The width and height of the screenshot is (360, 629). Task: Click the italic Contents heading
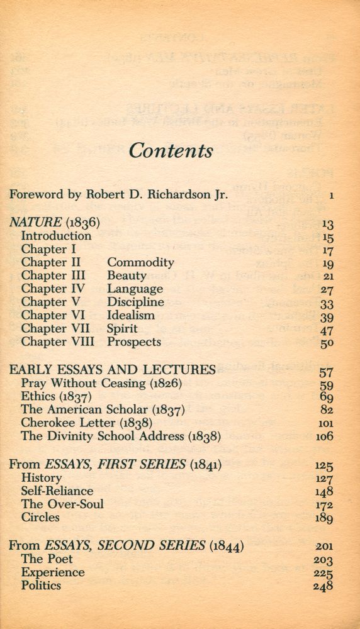[x=171, y=151]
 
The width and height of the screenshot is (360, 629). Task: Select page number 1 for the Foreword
[x=330, y=196]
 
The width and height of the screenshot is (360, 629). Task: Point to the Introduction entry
[x=56, y=236]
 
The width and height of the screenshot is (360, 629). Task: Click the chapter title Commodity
[x=140, y=262]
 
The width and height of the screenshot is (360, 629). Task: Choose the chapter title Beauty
[x=127, y=276]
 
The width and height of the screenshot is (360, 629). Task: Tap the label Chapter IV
[x=52, y=289]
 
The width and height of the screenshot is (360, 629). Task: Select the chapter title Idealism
[x=130, y=315]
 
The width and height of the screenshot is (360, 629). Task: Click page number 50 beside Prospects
[x=326, y=343]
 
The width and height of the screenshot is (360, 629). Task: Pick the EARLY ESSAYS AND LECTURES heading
[x=112, y=369]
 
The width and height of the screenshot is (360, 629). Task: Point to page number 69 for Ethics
[x=326, y=397]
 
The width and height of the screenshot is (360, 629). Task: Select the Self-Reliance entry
[x=57, y=491]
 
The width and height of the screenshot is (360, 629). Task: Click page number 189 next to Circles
[x=323, y=518]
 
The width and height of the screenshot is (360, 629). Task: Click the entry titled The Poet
[x=47, y=559]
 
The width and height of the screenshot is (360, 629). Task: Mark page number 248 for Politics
[x=323, y=586]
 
